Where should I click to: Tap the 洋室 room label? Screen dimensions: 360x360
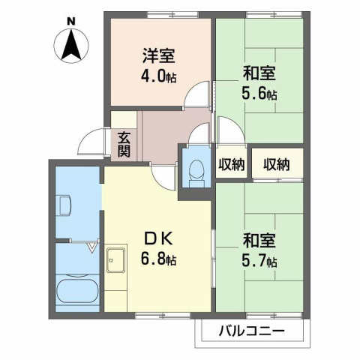click(x=158, y=55)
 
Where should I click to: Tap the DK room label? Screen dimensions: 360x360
click(x=160, y=241)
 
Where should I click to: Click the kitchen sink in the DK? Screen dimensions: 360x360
click(x=116, y=260)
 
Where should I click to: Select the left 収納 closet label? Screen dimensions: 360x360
click(x=231, y=165)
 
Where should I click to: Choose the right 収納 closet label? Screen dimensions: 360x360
click(x=276, y=165)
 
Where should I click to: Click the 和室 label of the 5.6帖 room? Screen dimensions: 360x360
click(x=259, y=73)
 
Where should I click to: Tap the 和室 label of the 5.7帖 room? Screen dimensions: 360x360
click(x=259, y=241)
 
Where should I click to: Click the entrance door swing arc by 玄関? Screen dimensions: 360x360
click(x=95, y=142)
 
